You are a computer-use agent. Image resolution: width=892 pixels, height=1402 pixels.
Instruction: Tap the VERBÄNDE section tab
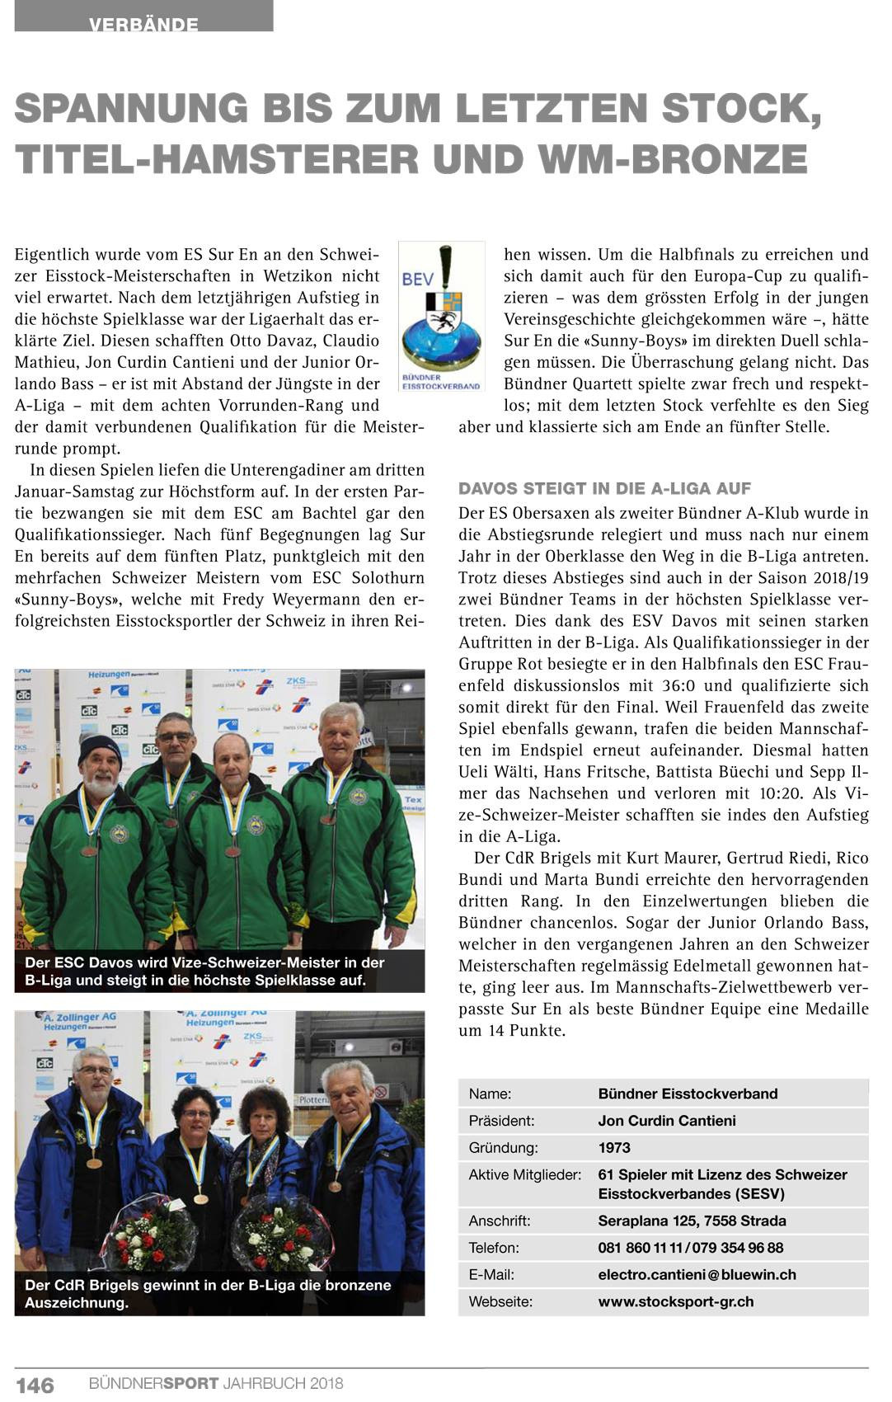[x=143, y=23]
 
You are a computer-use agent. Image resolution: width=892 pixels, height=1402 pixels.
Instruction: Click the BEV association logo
[x=441, y=317]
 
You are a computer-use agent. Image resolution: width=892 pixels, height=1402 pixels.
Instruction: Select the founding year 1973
[x=614, y=1147]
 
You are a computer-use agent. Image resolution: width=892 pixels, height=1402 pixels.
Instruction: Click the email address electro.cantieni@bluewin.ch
[x=697, y=1274]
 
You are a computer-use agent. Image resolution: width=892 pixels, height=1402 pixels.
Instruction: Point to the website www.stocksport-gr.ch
[x=675, y=1301]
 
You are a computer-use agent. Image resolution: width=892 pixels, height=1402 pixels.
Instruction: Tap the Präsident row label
[x=501, y=1121]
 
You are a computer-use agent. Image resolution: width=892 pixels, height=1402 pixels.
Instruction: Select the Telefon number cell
[x=690, y=1248]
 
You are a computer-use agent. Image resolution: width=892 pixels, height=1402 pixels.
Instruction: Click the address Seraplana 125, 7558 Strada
[x=692, y=1221]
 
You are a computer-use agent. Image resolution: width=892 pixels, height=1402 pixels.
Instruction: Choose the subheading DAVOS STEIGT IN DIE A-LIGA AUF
[x=604, y=489]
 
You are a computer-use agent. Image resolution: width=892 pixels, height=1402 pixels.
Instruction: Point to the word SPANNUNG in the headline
[x=131, y=109]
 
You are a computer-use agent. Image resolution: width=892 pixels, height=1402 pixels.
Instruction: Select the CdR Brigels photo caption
[x=208, y=1293]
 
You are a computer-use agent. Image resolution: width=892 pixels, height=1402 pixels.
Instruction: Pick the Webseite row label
[x=500, y=1301]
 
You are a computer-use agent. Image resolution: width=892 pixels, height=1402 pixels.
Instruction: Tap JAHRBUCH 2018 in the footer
[x=283, y=1384]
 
